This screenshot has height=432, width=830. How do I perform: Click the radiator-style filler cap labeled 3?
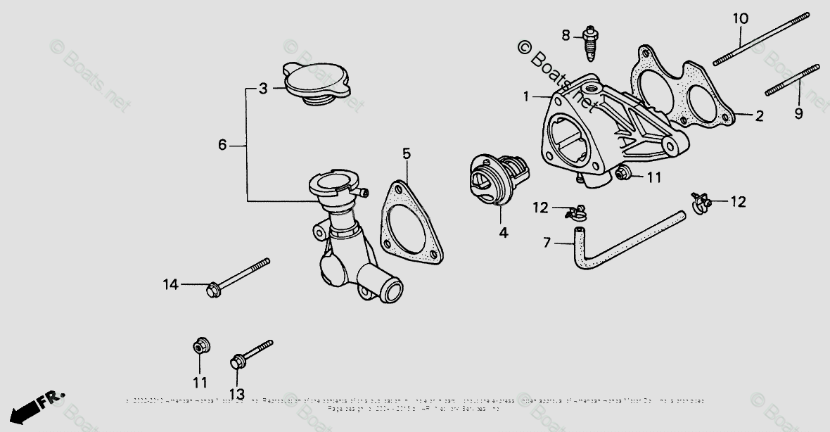(x=316, y=84)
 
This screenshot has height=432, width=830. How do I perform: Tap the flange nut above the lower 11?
(x=199, y=347)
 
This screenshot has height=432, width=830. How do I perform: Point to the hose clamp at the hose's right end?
(x=700, y=203)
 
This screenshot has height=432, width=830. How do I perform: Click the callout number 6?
(x=222, y=146)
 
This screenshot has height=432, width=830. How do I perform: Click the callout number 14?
(x=171, y=284)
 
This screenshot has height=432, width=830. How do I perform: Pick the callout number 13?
(x=237, y=394)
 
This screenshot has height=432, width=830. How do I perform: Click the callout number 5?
(x=407, y=153)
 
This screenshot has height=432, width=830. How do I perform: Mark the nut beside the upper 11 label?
(x=622, y=174)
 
